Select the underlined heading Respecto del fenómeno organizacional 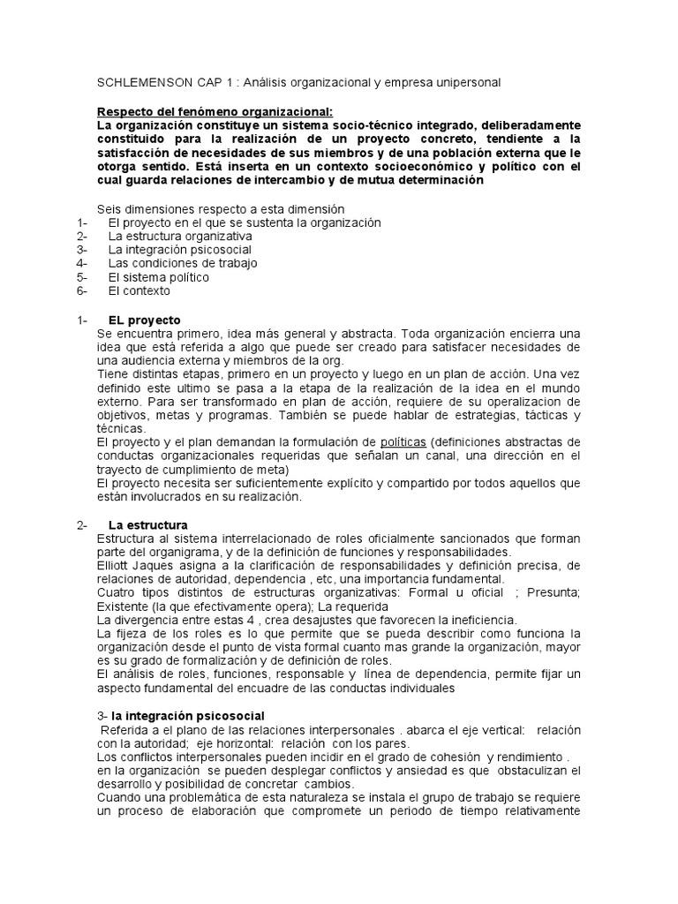pyautogui.click(x=215, y=111)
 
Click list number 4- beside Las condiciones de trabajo pyautogui.click(x=82, y=263)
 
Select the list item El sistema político pyautogui.click(x=159, y=277)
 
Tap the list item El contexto pyautogui.click(x=139, y=290)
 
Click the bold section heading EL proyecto pyautogui.click(x=144, y=319)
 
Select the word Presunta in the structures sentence pyautogui.click(x=554, y=593)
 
